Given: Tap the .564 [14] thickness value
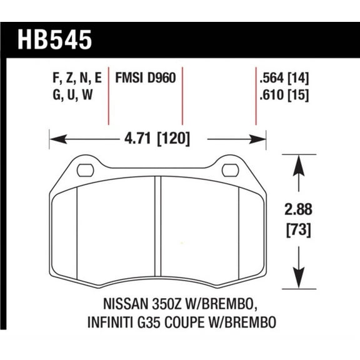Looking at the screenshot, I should point(284,78).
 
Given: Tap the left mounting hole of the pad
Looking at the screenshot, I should point(86,169).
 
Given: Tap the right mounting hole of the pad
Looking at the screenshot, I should point(229,169).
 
